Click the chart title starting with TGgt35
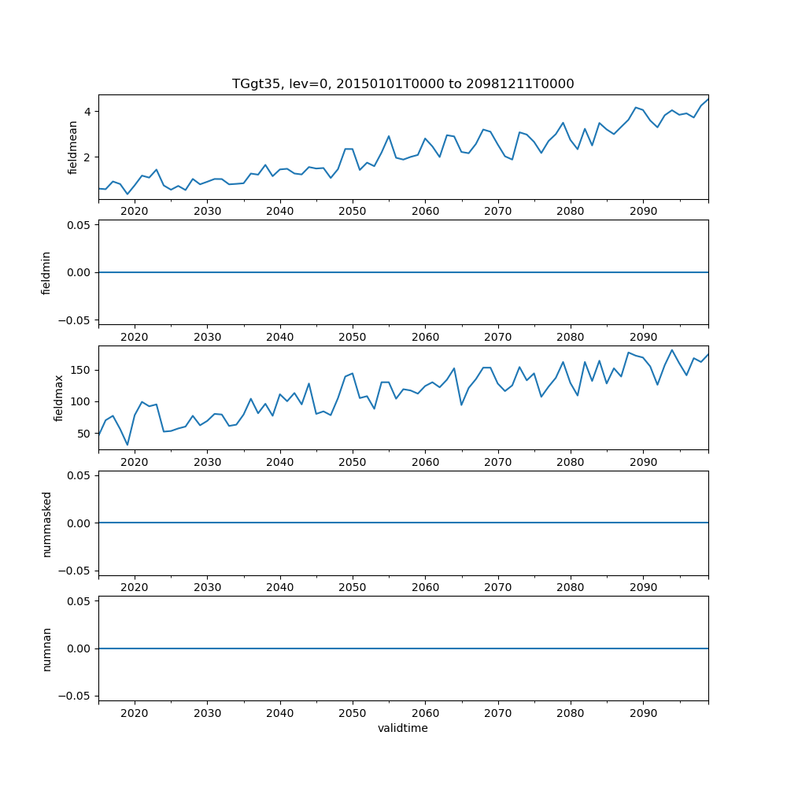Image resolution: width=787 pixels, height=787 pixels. pos(403,83)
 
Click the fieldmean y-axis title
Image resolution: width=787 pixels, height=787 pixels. pos(73,147)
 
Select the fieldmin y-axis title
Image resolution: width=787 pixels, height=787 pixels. pos(46,272)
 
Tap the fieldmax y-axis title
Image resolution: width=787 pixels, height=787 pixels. pos(59,398)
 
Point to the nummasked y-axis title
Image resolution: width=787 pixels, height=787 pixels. pos(46,523)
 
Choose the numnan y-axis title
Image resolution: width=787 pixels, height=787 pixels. pos(46,648)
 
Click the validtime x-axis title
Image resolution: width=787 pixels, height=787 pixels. pos(403,728)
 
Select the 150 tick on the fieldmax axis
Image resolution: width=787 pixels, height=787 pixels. pos(80,370)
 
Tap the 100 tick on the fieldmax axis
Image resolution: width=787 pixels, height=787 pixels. pos(80,401)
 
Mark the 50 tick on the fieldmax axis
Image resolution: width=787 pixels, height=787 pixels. pos(83,433)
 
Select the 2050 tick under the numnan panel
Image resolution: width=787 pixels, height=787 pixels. pos(353,713)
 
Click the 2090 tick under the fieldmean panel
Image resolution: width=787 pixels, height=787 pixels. pos(643,211)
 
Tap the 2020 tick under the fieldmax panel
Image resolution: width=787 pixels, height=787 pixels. pos(135,462)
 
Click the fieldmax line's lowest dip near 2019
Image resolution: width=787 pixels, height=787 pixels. pos(127,445)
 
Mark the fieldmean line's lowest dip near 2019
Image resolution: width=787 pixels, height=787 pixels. pos(127,194)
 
